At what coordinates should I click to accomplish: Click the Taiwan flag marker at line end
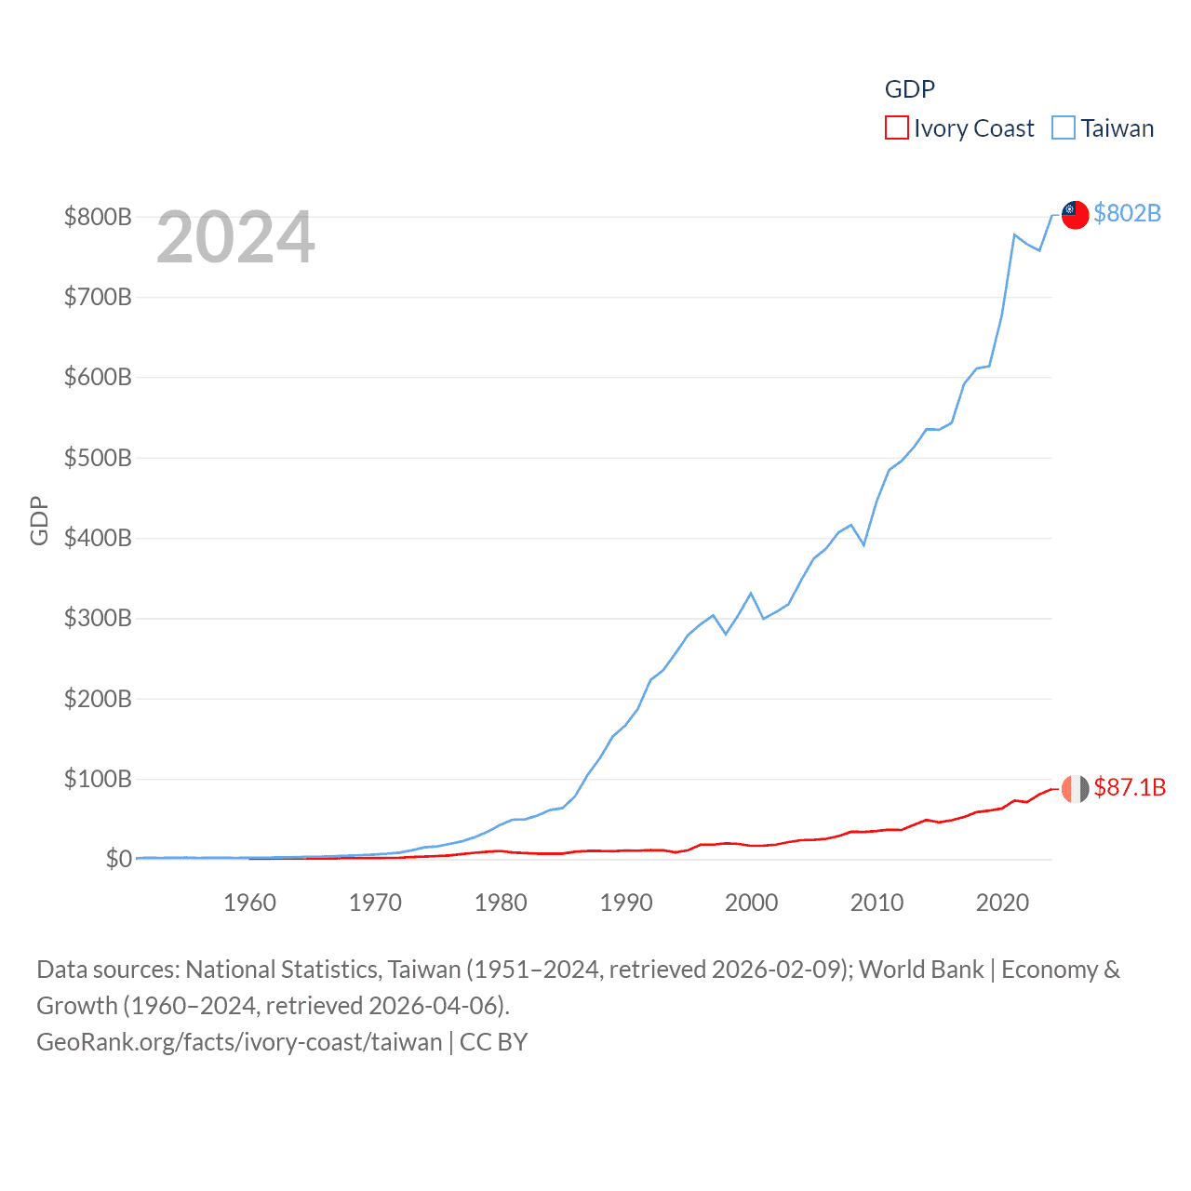(1075, 215)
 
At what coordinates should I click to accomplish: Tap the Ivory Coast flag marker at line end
(1075, 788)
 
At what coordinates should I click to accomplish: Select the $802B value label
(1127, 213)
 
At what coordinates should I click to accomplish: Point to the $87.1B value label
(1130, 787)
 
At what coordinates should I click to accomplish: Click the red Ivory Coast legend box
(896, 127)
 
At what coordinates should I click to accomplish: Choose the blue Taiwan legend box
(1064, 127)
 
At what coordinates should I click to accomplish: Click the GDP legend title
(909, 88)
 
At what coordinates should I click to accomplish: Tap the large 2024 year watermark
(235, 237)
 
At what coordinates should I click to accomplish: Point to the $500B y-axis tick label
(98, 458)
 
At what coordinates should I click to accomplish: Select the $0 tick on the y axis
(118, 859)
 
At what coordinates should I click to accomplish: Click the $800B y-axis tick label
(98, 217)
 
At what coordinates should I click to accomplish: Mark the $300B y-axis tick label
(98, 618)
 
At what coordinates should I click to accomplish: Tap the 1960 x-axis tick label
(249, 903)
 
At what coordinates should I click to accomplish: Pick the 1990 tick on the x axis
(626, 903)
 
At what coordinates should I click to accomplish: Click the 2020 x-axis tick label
(1002, 903)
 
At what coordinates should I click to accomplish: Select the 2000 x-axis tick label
(751, 903)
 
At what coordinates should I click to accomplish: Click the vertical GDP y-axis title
(38, 520)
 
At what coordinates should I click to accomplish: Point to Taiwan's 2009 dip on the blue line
(864, 544)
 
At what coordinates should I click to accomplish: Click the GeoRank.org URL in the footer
(239, 1041)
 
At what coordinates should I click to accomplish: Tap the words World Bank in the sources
(921, 970)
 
